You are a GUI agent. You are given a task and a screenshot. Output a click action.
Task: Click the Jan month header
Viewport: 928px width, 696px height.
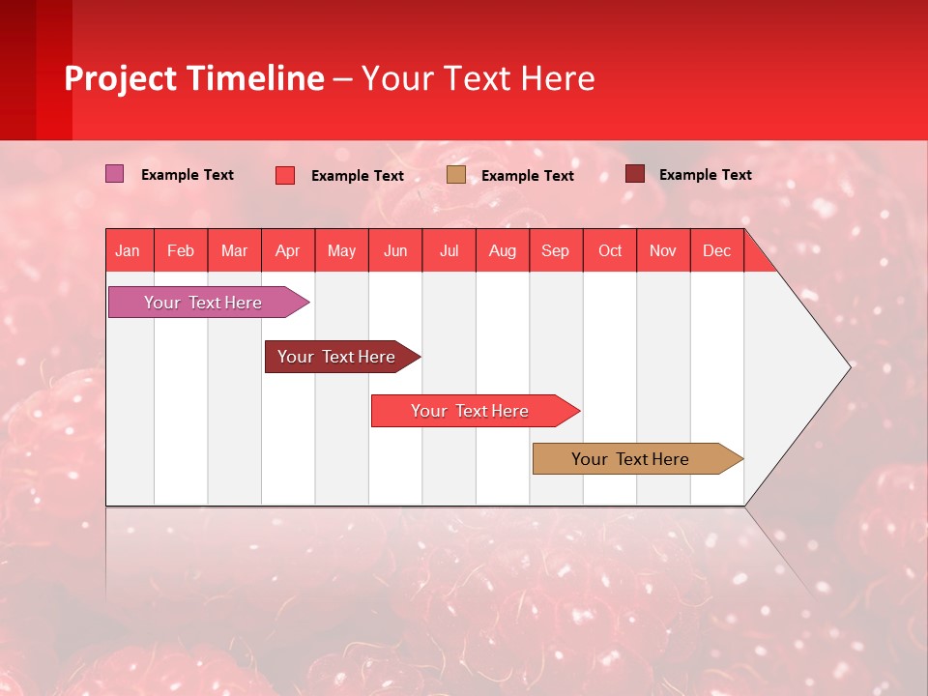tap(128, 250)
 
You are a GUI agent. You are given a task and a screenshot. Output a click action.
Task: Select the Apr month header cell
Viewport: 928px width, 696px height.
tap(287, 250)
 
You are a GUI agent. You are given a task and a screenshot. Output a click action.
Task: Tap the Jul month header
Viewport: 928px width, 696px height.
tap(449, 250)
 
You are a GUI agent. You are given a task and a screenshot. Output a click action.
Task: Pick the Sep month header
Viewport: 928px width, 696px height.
tap(555, 250)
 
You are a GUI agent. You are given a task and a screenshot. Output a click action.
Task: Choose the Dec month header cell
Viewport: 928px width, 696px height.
tap(716, 250)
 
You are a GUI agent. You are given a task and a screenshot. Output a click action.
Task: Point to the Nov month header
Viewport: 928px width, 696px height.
tap(662, 250)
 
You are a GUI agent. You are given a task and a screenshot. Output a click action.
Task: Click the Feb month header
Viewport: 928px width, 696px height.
tap(181, 250)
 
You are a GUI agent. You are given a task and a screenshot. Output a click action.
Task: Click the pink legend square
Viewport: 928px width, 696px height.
tap(114, 174)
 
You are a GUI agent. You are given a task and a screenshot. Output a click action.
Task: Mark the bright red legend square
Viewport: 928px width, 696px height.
tap(285, 175)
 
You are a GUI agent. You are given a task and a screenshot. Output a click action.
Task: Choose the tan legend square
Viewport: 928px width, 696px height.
tap(456, 175)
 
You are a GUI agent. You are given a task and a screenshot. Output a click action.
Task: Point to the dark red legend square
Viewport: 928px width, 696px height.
tap(634, 174)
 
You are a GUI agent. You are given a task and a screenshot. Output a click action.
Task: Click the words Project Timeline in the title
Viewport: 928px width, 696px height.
tap(194, 78)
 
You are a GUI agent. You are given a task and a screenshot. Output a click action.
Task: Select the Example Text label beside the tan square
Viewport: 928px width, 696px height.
tap(527, 176)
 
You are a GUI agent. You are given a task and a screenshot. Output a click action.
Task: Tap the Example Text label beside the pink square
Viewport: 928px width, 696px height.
tap(187, 175)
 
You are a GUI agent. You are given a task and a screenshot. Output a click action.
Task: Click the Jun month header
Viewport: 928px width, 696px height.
tap(394, 250)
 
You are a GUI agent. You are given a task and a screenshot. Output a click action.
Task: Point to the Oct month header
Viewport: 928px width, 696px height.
tap(609, 250)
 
